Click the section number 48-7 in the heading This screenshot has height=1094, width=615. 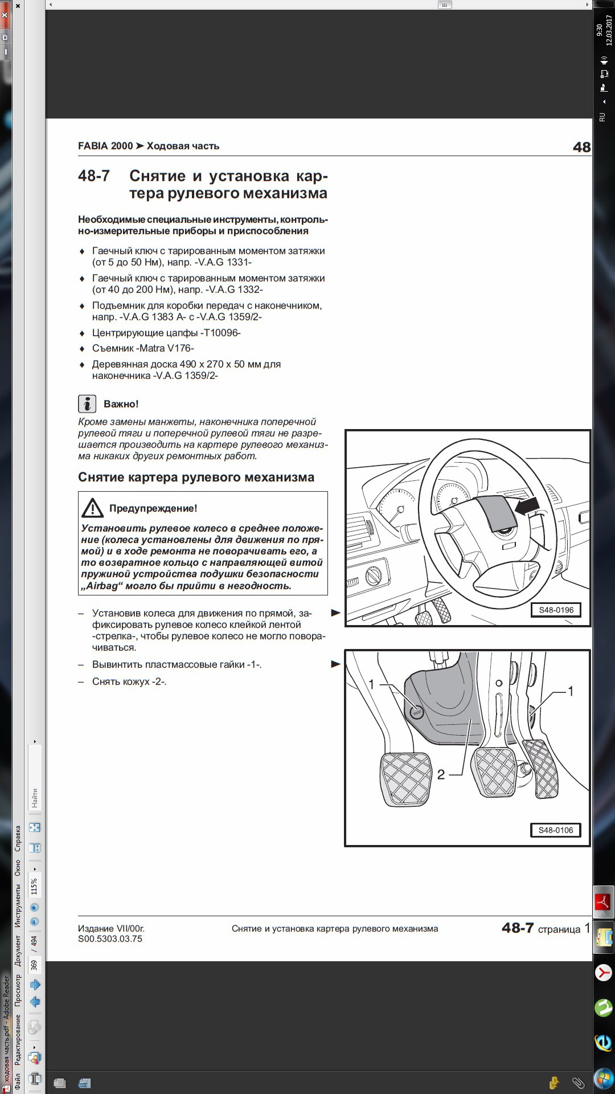pos(94,176)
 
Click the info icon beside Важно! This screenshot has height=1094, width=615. pos(87,404)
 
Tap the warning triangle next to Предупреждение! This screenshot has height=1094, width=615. pos(92,508)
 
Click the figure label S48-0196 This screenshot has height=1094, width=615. pos(556,610)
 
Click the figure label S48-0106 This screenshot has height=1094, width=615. pos(556,830)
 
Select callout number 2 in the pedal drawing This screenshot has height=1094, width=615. pos(441,774)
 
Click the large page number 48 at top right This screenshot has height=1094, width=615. pos(581,147)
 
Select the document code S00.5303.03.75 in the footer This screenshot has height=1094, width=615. pos(110,939)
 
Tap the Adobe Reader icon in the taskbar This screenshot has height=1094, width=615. pos(603,902)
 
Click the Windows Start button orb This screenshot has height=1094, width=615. pos(603,1079)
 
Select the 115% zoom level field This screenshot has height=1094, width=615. pos(34,887)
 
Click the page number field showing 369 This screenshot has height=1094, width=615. pos(34,965)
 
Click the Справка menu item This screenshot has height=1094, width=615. pos(18,839)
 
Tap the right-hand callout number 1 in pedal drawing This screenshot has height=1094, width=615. pos(571,691)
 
